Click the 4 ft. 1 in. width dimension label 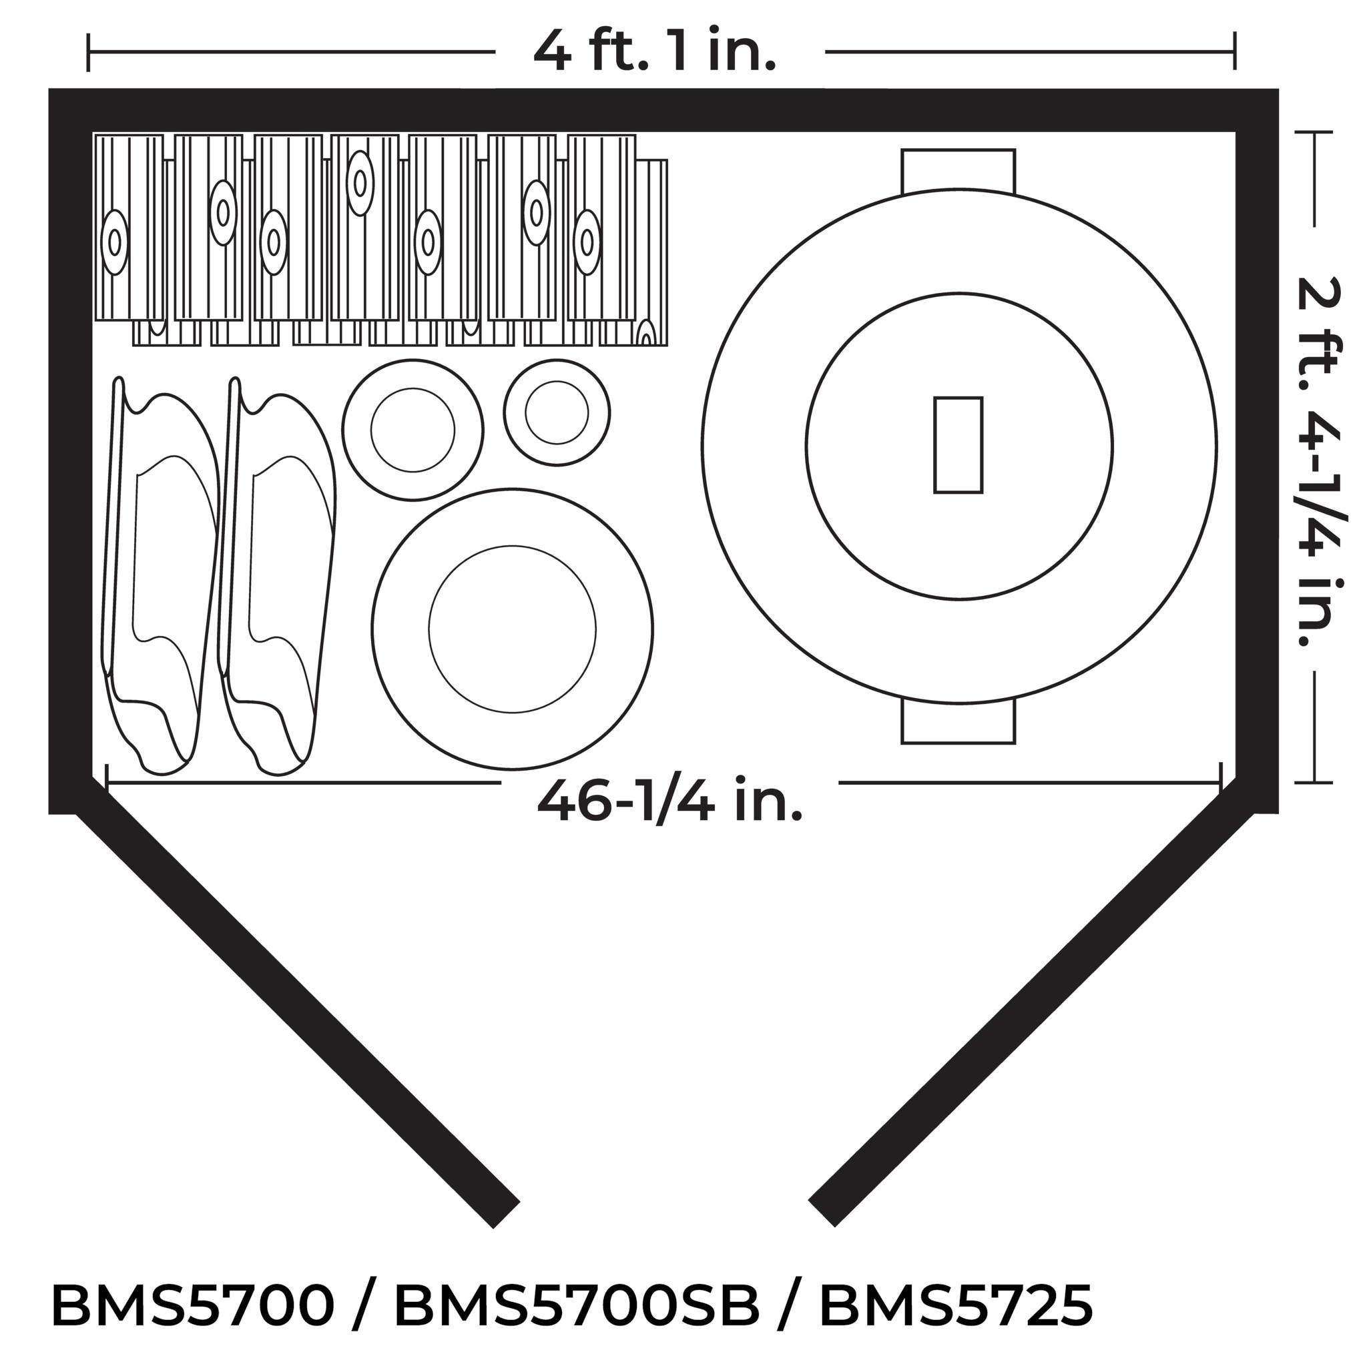tap(655, 51)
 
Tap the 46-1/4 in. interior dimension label tap(670, 801)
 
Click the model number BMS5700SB tap(577, 1306)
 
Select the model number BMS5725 tap(956, 1306)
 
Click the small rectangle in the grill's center tap(958, 445)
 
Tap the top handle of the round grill tap(958, 172)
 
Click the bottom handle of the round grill tap(958, 721)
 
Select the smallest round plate tap(557, 412)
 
